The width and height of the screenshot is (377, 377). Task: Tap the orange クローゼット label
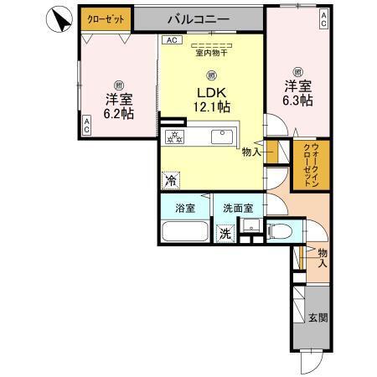coord(102,18)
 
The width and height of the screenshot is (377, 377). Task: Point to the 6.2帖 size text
coord(118,113)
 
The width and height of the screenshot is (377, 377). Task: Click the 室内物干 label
coord(211,54)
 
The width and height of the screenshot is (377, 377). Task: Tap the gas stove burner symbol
coord(175,137)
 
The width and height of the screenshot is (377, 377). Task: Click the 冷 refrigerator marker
coord(170,179)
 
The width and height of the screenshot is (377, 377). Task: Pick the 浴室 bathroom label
coord(186,208)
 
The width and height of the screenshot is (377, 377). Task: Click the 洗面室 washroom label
coord(238,208)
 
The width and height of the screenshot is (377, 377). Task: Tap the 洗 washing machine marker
coord(225,235)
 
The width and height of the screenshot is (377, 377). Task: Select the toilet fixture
coord(281,231)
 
